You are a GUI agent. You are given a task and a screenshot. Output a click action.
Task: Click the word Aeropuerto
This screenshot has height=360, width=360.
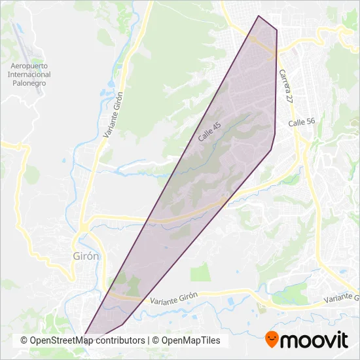coord(29,66)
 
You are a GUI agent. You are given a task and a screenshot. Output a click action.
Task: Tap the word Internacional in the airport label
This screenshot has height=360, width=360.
coord(29,75)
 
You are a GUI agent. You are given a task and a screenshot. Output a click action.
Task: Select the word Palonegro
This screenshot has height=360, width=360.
coord(29,83)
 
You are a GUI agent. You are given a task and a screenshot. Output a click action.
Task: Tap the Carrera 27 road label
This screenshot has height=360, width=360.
coord(286,86)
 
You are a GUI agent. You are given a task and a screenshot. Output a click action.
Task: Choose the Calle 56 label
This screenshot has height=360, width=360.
coord(302,122)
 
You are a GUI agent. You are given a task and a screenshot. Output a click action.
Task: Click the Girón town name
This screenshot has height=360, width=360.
coord(84,256)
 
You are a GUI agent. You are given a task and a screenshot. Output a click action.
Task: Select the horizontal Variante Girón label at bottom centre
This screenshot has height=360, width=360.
coord(173,300)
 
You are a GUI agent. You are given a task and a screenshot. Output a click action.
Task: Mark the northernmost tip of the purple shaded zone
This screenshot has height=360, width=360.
coord(259,16)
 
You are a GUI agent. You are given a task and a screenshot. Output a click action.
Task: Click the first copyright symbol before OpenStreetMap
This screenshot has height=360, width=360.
coord(24,340)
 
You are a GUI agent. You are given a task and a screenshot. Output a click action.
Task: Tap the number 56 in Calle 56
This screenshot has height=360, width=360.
coord(310,122)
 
